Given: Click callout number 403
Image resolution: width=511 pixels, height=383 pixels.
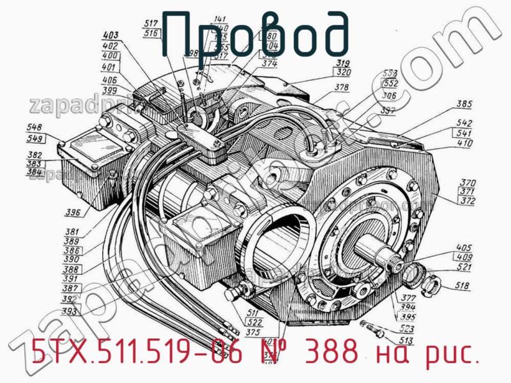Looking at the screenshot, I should click(111, 35).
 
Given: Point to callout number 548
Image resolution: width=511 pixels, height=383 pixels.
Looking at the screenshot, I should click(34, 128).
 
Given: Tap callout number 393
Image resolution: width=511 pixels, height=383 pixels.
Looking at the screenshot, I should click(70, 312).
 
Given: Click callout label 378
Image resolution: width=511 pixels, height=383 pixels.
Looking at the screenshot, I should click(342, 87).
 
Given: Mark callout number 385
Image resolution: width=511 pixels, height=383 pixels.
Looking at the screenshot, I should click(464, 104).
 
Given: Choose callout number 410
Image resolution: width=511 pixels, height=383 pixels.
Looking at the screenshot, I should click(464, 143).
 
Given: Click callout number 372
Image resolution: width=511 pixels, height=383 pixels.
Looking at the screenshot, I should click(468, 201).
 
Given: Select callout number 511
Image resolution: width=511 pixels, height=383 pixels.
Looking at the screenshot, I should click(254, 312).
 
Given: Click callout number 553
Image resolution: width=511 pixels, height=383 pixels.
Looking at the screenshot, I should click(390, 74).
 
